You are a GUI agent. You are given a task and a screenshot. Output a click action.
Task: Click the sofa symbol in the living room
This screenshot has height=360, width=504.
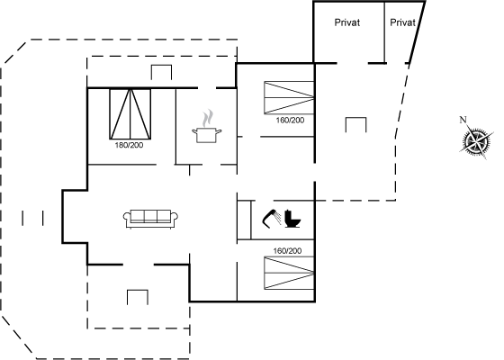151,219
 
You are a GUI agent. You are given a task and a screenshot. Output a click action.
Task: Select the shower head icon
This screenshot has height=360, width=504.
272,219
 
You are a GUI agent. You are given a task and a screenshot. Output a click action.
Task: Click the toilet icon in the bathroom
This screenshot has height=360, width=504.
292,219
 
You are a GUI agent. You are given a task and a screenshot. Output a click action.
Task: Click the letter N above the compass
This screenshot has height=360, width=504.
463,120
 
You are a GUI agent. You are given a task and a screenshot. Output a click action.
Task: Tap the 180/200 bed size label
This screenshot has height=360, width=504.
130,145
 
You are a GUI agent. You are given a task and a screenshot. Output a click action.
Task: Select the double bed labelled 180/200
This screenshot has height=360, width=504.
130,113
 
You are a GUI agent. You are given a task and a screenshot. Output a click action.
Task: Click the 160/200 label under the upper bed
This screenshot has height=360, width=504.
290,121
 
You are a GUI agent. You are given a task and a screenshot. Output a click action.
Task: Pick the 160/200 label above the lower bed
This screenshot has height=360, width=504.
287,251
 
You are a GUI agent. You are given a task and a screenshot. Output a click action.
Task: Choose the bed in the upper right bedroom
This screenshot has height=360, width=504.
289,97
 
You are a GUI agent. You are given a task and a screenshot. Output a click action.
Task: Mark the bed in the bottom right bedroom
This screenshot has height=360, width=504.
289,273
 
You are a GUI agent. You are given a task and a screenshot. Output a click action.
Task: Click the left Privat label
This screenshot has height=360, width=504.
347,22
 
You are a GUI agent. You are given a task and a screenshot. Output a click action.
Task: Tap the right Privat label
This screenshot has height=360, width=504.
403,22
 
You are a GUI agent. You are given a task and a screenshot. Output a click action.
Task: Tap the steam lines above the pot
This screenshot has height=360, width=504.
208,118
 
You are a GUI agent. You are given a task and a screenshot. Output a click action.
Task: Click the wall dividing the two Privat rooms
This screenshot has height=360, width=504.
385,32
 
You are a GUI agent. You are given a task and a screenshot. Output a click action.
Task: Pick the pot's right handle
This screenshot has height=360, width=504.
220,131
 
